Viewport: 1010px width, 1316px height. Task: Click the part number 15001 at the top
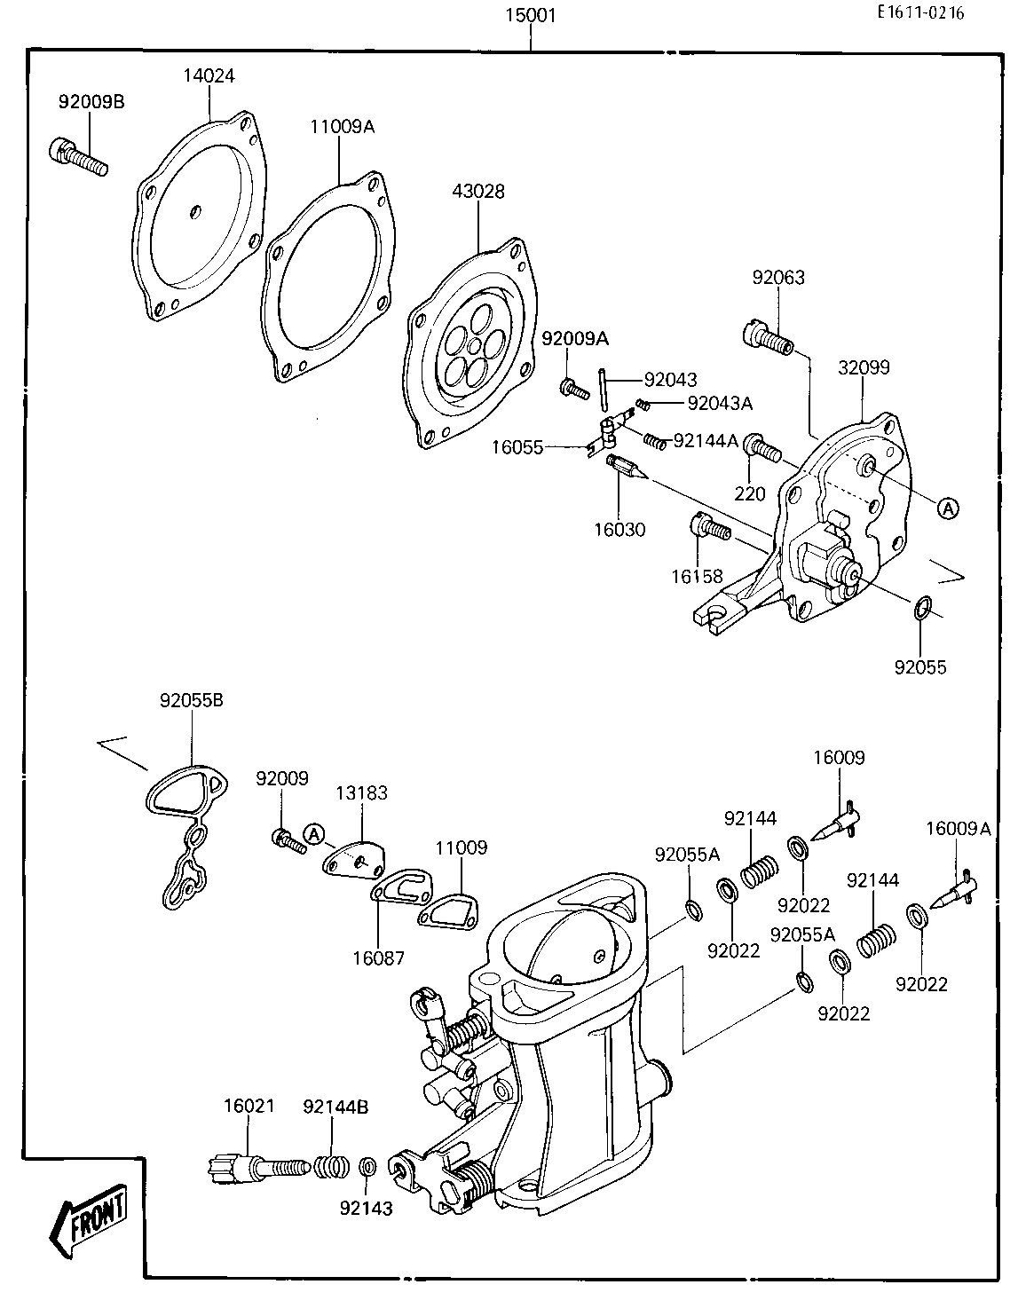(x=531, y=15)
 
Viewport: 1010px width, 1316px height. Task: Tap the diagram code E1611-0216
(x=919, y=12)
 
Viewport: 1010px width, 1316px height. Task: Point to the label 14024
(x=209, y=76)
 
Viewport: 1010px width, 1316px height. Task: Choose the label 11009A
(x=342, y=127)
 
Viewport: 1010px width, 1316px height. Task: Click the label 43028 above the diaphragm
(x=478, y=192)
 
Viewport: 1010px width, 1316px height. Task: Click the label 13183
(x=361, y=793)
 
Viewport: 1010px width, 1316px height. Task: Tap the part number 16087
(x=378, y=958)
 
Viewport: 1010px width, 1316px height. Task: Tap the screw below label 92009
(x=287, y=839)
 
